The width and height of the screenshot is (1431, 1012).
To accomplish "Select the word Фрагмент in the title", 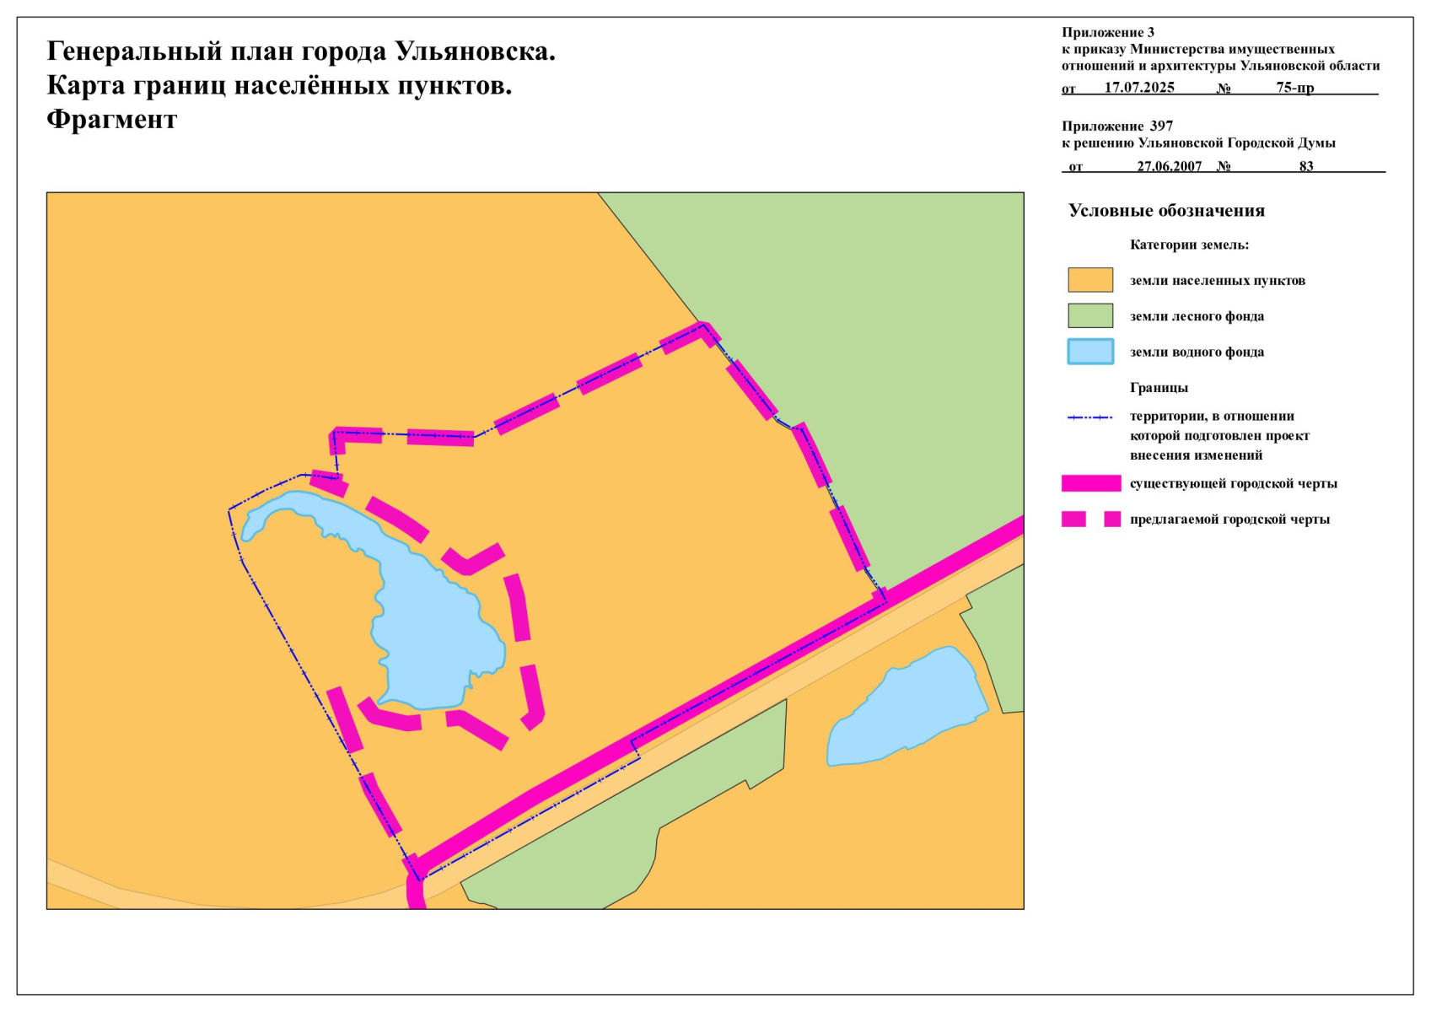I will (x=111, y=119).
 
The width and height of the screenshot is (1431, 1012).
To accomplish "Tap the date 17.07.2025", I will (x=1139, y=88).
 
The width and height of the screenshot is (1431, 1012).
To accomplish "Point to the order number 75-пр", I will (x=1294, y=88).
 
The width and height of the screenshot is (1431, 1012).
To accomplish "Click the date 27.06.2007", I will (x=1169, y=166).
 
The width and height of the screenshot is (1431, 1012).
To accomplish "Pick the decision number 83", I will (x=1306, y=166).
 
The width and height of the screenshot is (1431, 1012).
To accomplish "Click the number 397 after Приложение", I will (x=1161, y=126).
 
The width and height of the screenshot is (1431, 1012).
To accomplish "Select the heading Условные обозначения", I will (x=1166, y=211).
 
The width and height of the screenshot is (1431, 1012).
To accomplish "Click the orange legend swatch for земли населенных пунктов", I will (x=1090, y=280).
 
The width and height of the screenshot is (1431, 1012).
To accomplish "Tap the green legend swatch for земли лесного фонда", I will (x=1090, y=315).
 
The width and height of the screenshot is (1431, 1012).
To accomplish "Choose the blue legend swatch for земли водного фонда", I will (x=1090, y=352).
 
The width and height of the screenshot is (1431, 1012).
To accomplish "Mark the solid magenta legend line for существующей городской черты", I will (x=1091, y=483).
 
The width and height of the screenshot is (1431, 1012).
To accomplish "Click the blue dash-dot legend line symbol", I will (x=1090, y=417).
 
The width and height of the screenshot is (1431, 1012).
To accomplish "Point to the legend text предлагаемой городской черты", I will (x=1229, y=519).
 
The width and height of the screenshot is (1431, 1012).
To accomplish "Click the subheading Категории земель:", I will (x=1189, y=245).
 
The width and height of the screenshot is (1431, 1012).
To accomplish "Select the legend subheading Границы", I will (x=1159, y=388).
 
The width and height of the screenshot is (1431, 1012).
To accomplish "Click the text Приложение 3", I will (x=1108, y=33).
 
